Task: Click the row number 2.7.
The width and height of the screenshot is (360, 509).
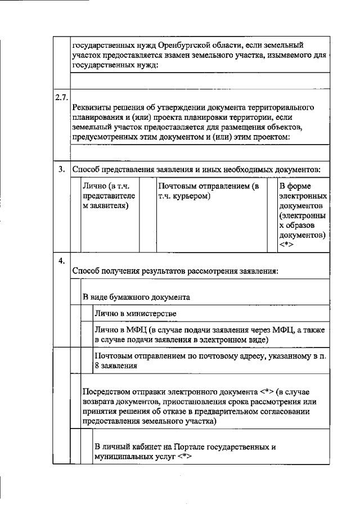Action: [x=61, y=98]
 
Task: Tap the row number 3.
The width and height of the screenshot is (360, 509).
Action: [x=62, y=169]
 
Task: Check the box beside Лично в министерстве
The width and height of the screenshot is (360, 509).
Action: [x=87, y=313]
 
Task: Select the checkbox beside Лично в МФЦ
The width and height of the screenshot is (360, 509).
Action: [x=87, y=334]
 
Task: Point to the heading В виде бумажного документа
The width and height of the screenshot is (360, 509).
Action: [x=136, y=296]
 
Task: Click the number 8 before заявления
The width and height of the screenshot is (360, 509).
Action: [x=97, y=366]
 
